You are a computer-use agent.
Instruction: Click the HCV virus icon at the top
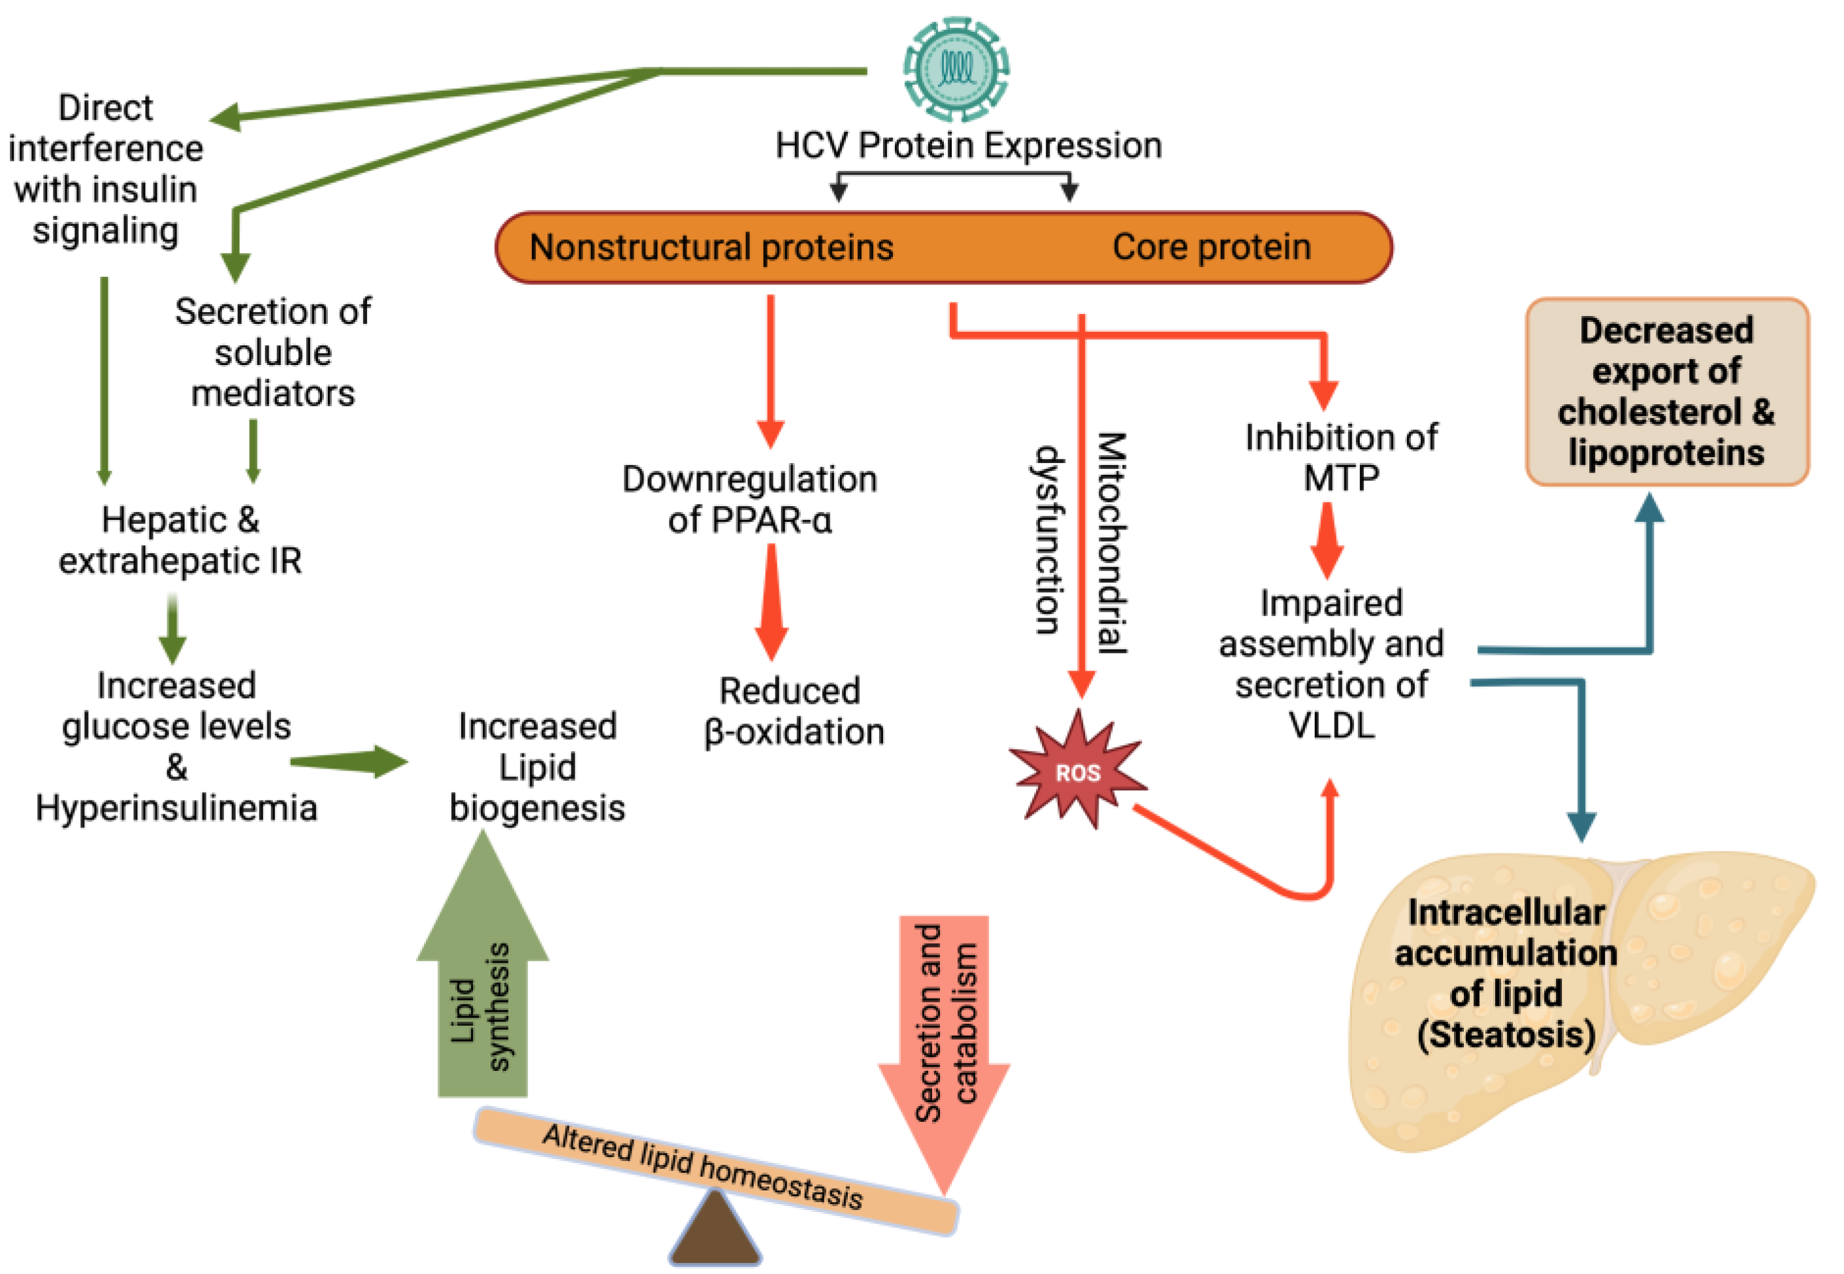(956, 69)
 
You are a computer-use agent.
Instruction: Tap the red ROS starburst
(1077, 771)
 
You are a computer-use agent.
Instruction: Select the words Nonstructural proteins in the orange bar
(711, 247)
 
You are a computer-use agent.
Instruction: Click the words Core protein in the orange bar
(1211, 247)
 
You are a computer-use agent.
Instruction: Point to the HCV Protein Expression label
(967, 145)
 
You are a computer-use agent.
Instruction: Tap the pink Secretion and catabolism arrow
(945, 1038)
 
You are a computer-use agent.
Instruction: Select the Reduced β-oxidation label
(793, 711)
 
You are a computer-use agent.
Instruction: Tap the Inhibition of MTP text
(1341, 457)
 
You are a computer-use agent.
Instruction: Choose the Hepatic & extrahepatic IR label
(180, 541)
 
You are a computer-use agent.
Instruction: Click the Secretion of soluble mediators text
(272, 352)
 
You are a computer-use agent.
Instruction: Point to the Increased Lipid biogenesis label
(536, 767)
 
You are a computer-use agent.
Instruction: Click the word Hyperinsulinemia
(176, 808)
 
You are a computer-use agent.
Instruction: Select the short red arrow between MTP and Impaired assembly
(1326, 541)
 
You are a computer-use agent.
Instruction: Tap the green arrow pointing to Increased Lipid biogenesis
(351, 761)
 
